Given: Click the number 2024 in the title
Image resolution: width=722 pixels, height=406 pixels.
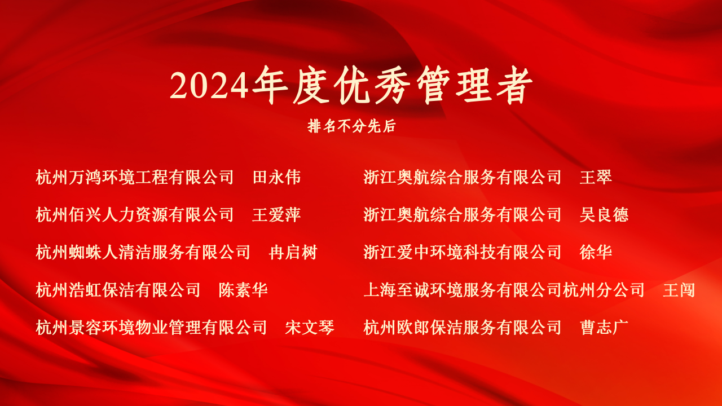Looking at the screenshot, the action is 209,85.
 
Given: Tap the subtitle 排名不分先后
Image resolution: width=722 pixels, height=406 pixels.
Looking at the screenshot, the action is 351,126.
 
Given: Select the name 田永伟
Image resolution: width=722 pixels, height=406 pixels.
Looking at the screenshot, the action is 276,177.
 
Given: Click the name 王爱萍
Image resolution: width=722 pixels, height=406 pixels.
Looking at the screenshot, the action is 276,215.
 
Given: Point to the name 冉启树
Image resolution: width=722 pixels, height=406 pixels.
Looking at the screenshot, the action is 293,252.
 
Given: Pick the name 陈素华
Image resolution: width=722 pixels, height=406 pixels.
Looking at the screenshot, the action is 243,290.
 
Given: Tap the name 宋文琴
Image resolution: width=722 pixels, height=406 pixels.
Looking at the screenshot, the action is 310,328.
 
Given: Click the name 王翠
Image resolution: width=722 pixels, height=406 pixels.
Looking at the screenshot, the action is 596,177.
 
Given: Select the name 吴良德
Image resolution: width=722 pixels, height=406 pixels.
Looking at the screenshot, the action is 604,215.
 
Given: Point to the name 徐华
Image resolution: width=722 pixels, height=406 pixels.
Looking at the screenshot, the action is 596,252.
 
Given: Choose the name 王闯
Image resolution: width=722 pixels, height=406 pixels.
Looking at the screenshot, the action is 679,290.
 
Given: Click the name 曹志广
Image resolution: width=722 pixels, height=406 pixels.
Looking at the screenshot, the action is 604,328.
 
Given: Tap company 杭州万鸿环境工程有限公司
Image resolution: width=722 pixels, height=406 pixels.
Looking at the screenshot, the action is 135,177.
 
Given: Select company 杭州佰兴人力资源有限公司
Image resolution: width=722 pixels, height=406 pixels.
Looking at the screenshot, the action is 135,215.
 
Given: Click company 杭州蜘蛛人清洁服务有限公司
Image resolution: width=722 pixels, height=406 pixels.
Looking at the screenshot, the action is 143,252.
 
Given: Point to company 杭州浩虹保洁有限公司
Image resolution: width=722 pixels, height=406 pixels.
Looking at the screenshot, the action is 118,290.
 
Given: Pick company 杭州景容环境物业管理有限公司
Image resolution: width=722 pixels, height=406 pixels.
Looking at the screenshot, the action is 151,328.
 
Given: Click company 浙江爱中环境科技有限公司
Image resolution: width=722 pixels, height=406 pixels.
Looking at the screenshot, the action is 463,252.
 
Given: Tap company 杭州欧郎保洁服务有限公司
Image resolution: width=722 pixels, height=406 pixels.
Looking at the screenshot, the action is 463,328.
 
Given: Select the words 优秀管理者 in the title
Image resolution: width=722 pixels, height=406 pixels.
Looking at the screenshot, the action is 434,85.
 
